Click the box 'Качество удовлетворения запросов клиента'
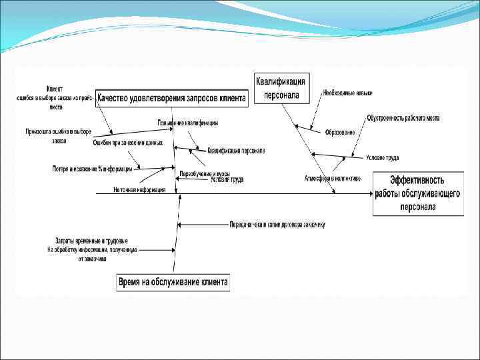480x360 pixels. pyautogui.click(x=171, y=98)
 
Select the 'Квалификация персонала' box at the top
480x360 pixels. pyautogui.click(x=281, y=88)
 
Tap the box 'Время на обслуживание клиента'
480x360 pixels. pyautogui.click(x=173, y=282)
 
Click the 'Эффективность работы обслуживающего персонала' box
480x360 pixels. pyautogui.click(x=418, y=193)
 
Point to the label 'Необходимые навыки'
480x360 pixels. pyautogui.click(x=348, y=93)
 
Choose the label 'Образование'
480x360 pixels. pyautogui.click(x=340, y=132)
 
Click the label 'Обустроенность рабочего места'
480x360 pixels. pyautogui.click(x=403, y=118)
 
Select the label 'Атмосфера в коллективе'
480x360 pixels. pyautogui.click(x=333, y=178)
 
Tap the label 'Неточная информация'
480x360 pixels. pyautogui.click(x=139, y=189)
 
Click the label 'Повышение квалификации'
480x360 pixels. pyautogui.click(x=188, y=123)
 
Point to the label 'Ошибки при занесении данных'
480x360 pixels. pyautogui.click(x=128, y=142)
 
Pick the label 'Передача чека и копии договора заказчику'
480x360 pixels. pyautogui.click(x=277, y=224)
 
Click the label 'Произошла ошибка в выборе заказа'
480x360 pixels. pyautogui.click(x=59, y=135)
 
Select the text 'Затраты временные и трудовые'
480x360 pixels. pyautogui.click(x=92, y=240)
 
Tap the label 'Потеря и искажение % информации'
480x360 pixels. pyautogui.click(x=93, y=169)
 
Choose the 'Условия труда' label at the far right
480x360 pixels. pyautogui.click(x=382, y=158)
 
